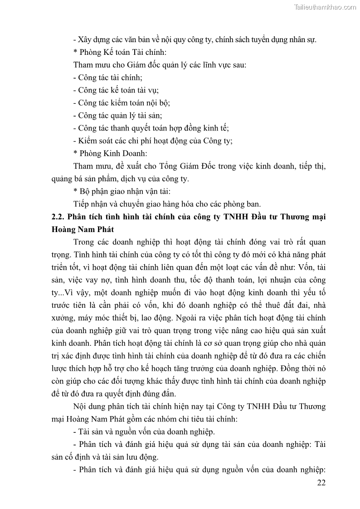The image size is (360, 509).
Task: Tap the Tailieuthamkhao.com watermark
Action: pos(325,7)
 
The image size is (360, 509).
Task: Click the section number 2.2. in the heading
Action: pos(59,217)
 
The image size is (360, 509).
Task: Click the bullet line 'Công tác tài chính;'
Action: pos(108,78)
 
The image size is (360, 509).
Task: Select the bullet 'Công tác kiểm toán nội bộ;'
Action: pos(122,103)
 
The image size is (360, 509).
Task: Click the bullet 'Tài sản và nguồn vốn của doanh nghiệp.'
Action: pos(144,431)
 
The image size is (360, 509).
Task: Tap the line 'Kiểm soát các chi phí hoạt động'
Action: pos(153,141)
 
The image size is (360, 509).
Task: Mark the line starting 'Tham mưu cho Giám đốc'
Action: pos(160,65)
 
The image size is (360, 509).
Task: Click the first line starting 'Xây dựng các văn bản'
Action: pos(195,39)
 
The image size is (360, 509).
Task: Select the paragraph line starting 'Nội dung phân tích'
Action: pos(199,406)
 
